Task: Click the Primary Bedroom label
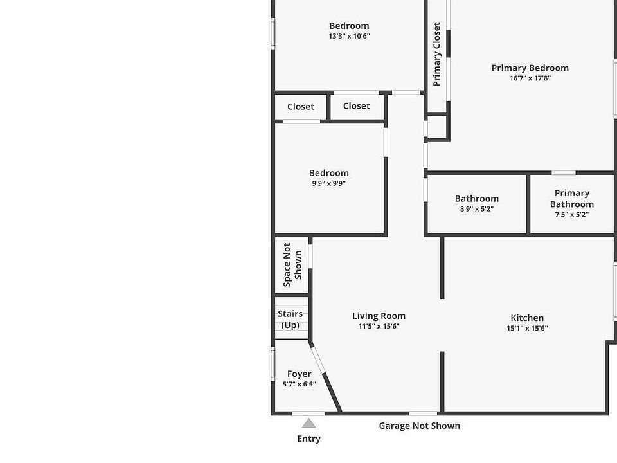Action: point(530,68)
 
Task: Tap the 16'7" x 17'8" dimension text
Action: point(530,78)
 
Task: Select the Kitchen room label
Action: point(527,318)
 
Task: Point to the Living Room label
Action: point(379,316)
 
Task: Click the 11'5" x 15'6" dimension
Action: point(379,327)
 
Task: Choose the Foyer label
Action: point(299,374)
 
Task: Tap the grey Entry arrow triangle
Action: point(308,423)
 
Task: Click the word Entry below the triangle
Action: point(308,439)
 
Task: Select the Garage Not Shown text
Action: point(419,426)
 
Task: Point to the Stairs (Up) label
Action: point(290,320)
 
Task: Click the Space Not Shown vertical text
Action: point(292,265)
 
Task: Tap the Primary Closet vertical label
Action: point(437,54)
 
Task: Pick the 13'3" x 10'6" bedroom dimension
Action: point(349,37)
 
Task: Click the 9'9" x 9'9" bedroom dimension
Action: point(328,183)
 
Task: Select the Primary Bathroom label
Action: point(571,199)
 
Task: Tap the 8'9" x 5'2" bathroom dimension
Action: point(476,209)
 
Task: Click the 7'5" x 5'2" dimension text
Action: point(571,215)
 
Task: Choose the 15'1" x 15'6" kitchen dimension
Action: point(527,329)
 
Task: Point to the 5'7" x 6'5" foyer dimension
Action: point(299,385)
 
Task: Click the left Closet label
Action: point(300,107)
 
